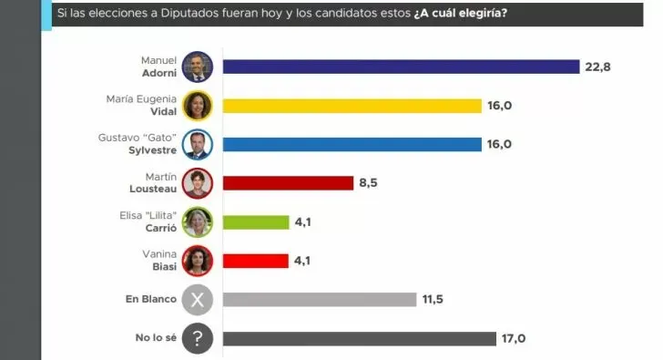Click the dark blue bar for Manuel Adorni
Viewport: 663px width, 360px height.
(x=401, y=67)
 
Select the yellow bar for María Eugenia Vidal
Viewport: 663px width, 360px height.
(x=352, y=106)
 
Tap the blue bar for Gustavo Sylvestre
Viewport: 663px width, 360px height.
(x=352, y=144)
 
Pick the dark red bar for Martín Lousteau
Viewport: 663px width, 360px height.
(x=288, y=183)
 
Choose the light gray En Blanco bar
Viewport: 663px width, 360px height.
(x=319, y=299)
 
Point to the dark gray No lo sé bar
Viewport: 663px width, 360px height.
(x=359, y=338)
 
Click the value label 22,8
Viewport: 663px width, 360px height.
(x=598, y=67)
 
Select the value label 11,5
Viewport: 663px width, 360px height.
(x=433, y=299)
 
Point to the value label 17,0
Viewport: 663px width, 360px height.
(x=514, y=338)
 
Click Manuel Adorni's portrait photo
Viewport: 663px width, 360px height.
(x=197, y=67)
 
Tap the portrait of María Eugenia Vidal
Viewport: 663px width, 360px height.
(x=197, y=106)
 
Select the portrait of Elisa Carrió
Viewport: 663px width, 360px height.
(x=197, y=221)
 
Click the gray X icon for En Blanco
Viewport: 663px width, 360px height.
(x=197, y=300)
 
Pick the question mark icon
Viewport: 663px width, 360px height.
(x=197, y=338)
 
